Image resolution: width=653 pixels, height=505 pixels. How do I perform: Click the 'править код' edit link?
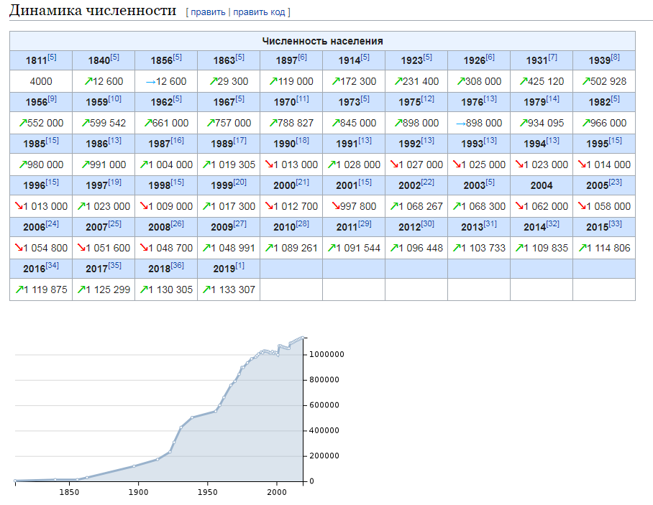259,12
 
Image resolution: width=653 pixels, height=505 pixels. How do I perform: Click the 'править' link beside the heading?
208,12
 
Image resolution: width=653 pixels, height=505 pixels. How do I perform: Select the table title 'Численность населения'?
322,41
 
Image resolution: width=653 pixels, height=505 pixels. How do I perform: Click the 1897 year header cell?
291,60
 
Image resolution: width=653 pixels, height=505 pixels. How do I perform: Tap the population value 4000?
41,81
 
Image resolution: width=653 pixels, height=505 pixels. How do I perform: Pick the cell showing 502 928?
604,81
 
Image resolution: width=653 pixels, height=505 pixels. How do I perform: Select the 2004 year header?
542,185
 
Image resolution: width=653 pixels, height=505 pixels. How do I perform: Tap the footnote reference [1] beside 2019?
239,265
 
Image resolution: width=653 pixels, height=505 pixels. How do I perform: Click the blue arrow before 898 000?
460,124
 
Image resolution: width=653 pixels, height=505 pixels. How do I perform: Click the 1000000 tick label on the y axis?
326,354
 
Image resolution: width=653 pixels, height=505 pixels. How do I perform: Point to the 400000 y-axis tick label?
324,430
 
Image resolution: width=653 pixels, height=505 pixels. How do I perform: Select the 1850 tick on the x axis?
69,492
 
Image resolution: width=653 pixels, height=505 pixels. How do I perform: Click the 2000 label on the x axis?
277,492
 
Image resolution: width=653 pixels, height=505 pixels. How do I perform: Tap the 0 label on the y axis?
311,481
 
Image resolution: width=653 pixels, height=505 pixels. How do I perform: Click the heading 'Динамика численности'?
93,10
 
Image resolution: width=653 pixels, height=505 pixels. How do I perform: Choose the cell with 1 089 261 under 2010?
291,248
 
